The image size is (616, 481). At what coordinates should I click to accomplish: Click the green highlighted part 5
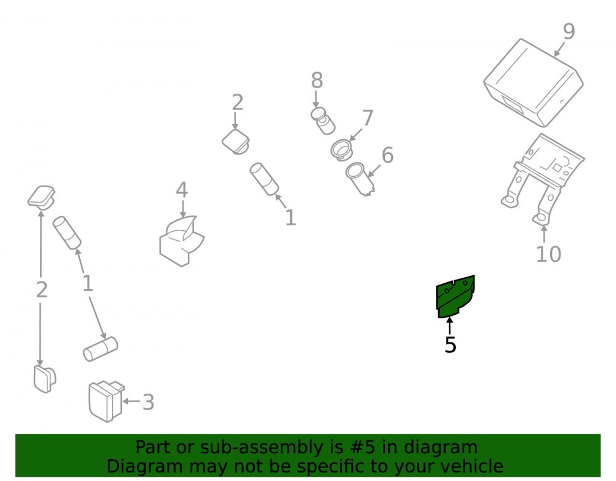click(x=455, y=297)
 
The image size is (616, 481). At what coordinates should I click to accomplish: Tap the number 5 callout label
click(x=450, y=345)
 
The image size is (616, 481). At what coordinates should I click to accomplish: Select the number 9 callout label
click(x=569, y=31)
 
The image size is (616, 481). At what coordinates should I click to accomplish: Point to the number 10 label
click(x=548, y=254)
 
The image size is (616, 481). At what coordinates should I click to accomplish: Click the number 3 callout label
click(x=148, y=402)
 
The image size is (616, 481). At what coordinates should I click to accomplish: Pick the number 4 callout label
click(x=182, y=190)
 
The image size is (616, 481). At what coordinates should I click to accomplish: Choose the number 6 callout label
click(x=387, y=155)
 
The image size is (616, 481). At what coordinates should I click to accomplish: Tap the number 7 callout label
click(x=368, y=118)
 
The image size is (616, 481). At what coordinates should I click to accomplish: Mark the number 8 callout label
click(x=317, y=81)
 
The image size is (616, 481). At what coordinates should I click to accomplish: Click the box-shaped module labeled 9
click(x=533, y=83)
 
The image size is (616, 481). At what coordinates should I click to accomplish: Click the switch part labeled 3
click(x=105, y=400)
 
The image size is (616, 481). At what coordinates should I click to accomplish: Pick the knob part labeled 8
click(x=323, y=121)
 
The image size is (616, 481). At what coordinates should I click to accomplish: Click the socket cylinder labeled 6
click(x=360, y=179)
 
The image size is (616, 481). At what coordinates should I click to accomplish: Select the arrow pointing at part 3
click(x=131, y=402)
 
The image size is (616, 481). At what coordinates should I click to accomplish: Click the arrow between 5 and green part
click(x=450, y=326)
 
